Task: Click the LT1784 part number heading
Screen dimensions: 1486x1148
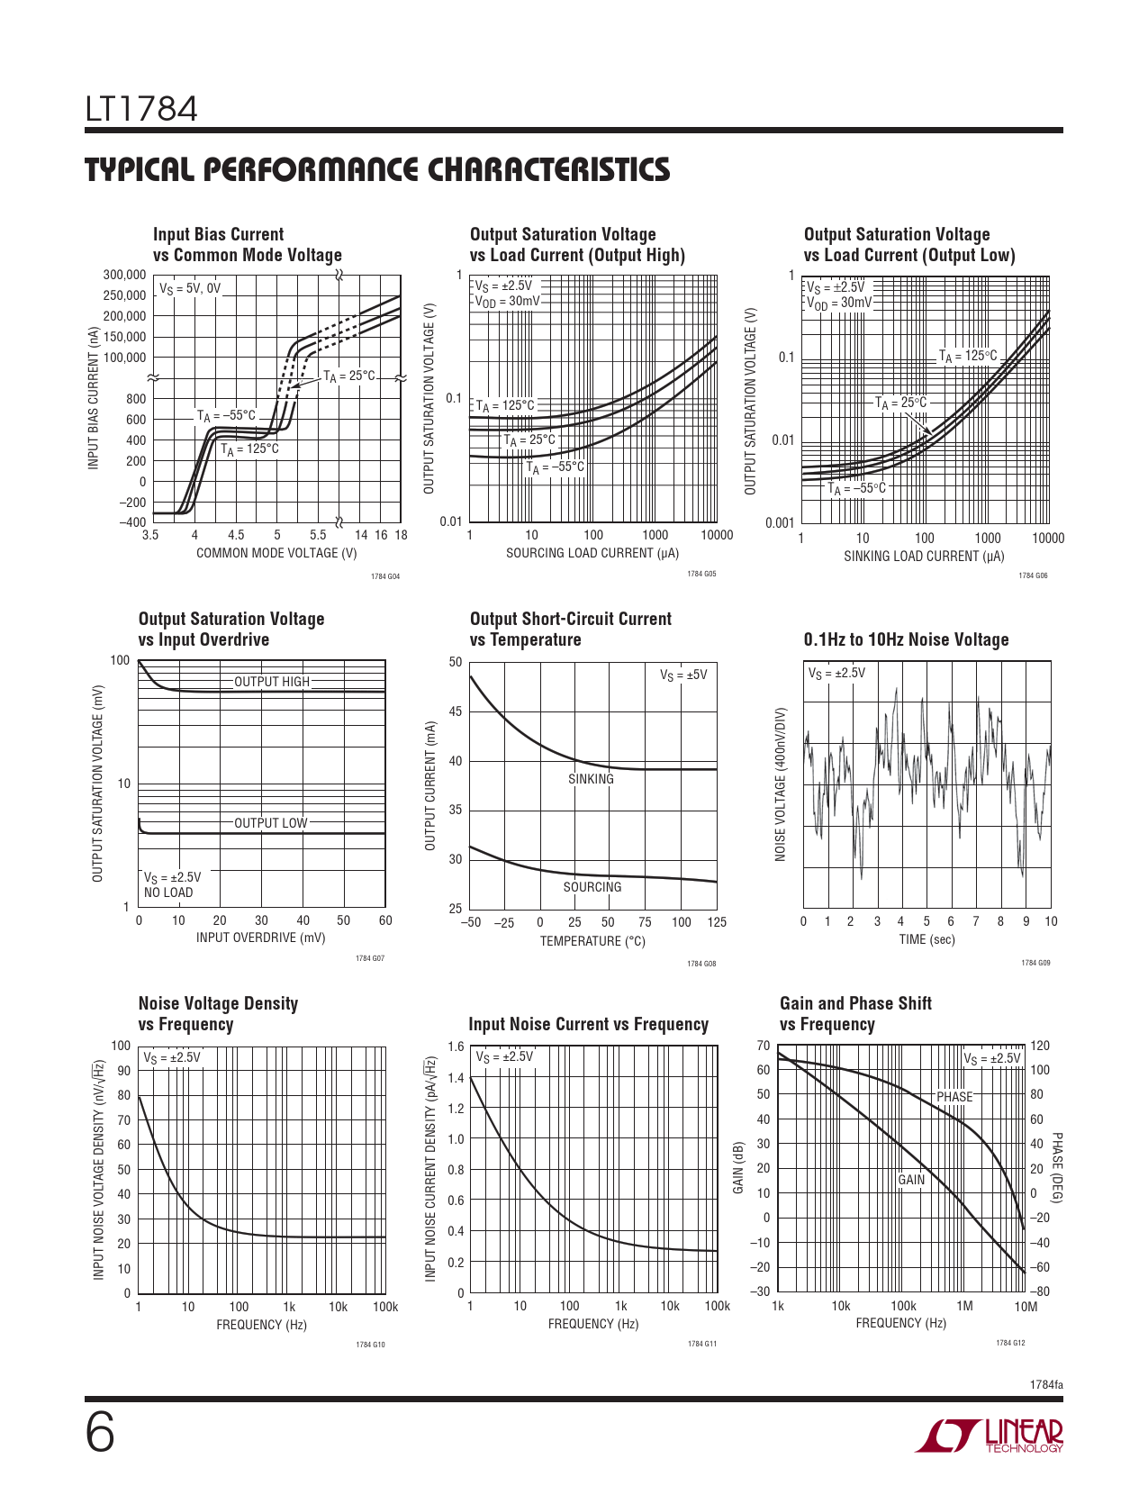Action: pyautogui.click(x=141, y=110)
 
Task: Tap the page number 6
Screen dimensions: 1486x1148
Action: pyautogui.click(x=100, y=1434)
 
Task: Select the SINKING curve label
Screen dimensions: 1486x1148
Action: pyautogui.click(x=591, y=779)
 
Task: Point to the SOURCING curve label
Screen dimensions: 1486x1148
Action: pyautogui.click(x=592, y=887)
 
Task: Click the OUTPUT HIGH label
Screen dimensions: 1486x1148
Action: pyautogui.click(x=271, y=682)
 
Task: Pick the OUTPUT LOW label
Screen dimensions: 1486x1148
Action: pyautogui.click(x=270, y=822)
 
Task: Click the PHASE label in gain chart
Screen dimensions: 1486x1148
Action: pyautogui.click(x=954, y=1096)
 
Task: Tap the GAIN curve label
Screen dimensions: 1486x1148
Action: pyautogui.click(x=911, y=1180)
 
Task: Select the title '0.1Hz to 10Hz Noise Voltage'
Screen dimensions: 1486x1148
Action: pyautogui.click(x=906, y=639)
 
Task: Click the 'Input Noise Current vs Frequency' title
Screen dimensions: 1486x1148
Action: pyautogui.click(x=588, y=1024)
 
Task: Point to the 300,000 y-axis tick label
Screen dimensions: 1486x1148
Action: pyautogui.click(x=124, y=275)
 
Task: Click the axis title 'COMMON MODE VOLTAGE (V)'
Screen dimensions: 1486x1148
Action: pyautogui.click(x=276, y=553)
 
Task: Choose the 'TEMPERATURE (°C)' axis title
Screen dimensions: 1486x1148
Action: pyautogui.click(x=592, y=941)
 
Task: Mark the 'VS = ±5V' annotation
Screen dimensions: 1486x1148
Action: pyautogui.click(x=683, y=675)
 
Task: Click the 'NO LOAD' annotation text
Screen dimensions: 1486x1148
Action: pyautogui.click(x=168, y=893)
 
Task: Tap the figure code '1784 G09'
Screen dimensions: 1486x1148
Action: pyautogui.click(x=1035, y=963)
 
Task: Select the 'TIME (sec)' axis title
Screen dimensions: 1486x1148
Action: pyautogui.click(x=927, y=939)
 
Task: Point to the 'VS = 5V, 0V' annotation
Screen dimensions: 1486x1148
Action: pyautogui.click(x=190, y=288)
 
